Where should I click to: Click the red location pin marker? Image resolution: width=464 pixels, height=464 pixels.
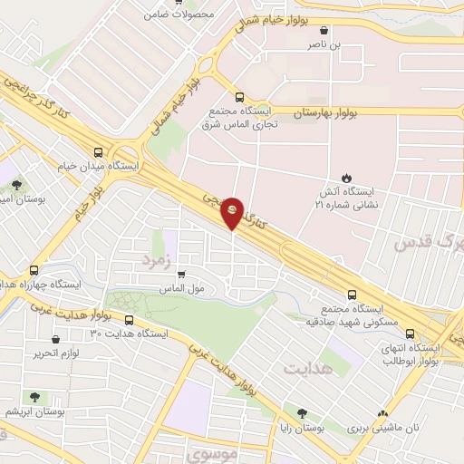tap(233, 211)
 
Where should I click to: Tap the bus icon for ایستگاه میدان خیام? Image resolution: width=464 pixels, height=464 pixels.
tap(98, 153)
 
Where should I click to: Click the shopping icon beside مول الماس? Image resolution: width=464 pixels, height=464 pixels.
tap(182, 275)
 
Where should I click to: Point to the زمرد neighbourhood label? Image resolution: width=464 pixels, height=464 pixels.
tap(155, 261)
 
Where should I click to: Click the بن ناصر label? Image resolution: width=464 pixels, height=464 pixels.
tap(324, 43)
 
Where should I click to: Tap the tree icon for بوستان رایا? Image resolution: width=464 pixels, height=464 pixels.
tap(288, 412)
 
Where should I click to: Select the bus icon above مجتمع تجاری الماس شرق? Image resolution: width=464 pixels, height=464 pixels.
tap(239, 98)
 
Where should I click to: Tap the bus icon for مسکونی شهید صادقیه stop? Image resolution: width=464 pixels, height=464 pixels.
tap(353, 295)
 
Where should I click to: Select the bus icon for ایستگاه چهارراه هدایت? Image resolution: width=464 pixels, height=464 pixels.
tap(34, 270)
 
